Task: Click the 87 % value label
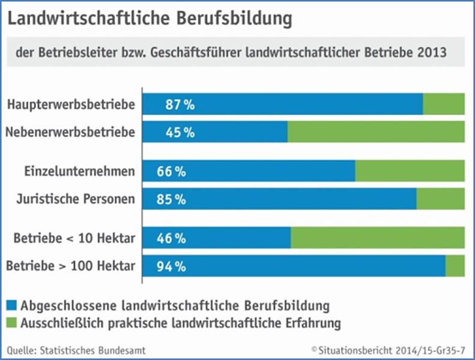pyautogui.click(x=180, y=104)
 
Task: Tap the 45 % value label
pyautogui.click(x=180, y=132)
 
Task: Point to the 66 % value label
pyautogui.click(x=171, y=171)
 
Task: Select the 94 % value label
pyautogui.click(x=171, y=266)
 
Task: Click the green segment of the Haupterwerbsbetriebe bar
pyautogui.click(x=444, y=104)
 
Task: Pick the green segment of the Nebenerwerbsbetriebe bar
pyautogui.click(x=376, y=132)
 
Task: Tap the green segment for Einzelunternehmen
pyautogui.click(x=410, y=171)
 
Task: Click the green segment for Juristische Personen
pyautogui.click(x=440, y=199)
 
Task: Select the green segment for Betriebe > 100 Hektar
pyautogui.click(x=455, y=266)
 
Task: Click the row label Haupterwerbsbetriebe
pyautogui.click(x=71, y=104)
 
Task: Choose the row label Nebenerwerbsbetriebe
pyautogui.click(x=70, y=132)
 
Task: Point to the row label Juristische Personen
pyautogui.click(x=75, y=199)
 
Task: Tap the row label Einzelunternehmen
pyautogui.click(x=79, y=171)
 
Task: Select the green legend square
pyautogui.click(x=13, y=323)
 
